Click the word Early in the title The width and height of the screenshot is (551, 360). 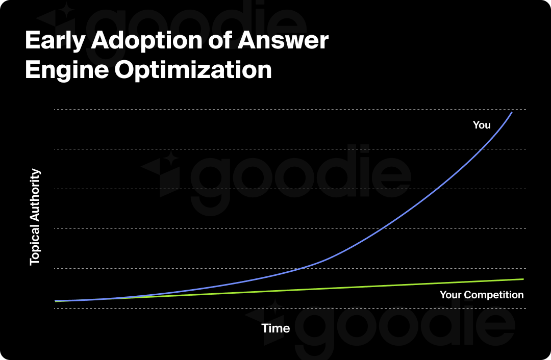pyautogui.click(x=54, y=41)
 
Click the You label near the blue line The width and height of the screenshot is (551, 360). pyautogui.click(x=481, y=125)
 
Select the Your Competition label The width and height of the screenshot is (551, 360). pyautogui.click(x=481, y=295)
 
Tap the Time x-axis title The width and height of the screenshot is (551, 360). pyautogui.click(x=275, y=328)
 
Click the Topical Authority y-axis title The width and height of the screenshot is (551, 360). pyautogui.click(x=34, y=217)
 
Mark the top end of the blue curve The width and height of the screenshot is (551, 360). pyautogui.click(x=512, y=112)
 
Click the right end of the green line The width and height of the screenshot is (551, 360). pyautogui.click(x=523, y=279)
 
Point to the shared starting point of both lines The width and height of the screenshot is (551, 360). pyautogui.click(x=56, y=301)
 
